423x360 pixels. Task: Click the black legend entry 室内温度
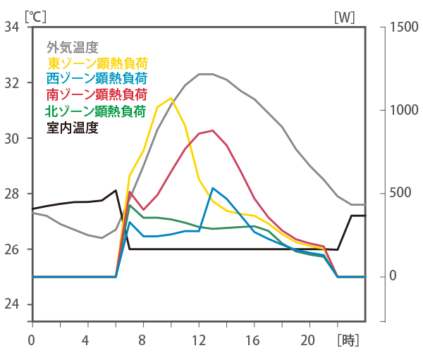tap(71, 128)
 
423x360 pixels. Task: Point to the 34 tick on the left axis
tap(12, 27)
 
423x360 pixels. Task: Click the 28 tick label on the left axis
tap(12, 194)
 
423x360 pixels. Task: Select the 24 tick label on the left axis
tap(12, 305)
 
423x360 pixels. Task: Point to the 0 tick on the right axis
tap(393, 277)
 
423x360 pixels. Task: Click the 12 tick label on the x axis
tap(198, 340)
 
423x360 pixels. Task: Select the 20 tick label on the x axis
tap(309, 340)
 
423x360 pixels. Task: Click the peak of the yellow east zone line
tap(171, 98)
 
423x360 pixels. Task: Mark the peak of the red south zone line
tap(212, 130)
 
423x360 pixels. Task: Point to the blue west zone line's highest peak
tap(212, 188)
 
